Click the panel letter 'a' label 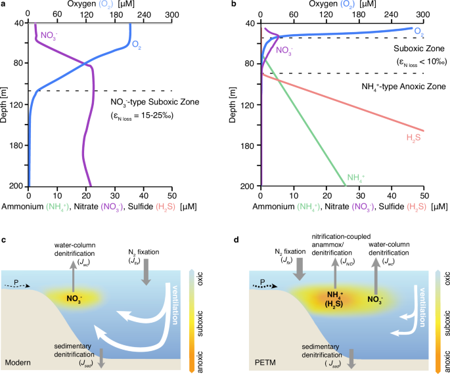[4, 4]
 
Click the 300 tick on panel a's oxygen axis [171, 14]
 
